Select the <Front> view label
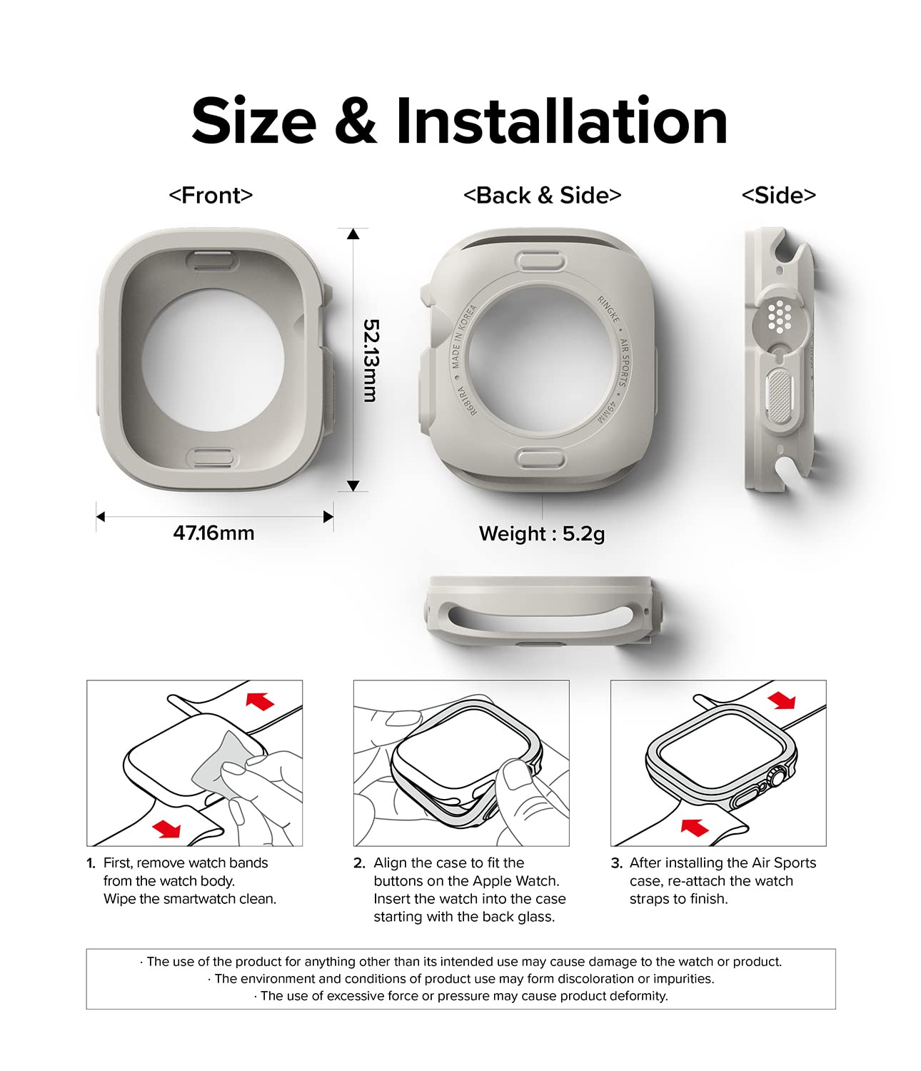click(x=211, y=196)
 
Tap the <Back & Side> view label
click(x=543, y=196)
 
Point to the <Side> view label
click(x=778, y=196)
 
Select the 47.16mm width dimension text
click(x=213, y=533)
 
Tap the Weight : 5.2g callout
click(x=542, y=533)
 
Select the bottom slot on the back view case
click(x=540, y=459)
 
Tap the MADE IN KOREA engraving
click(x=463, y=337)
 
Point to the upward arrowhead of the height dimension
click(x=353, y=233)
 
